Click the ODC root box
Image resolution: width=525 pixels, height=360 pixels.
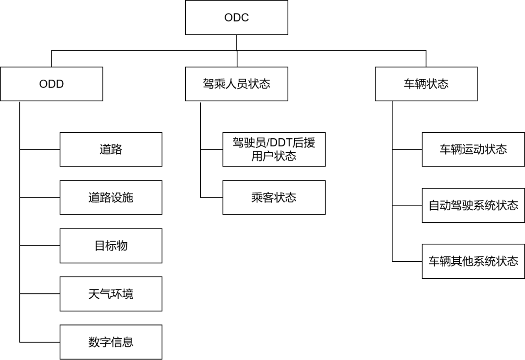click(x=237, y=18)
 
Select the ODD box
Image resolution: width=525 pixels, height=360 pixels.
click(x=52, y=84)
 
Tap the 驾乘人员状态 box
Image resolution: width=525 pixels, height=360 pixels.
click(x=237, y=84)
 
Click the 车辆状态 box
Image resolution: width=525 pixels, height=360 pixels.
click(x=426, y=84)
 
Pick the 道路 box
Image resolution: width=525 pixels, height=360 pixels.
click(x=111, y=149)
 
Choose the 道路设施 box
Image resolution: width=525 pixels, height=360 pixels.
click(x=111, y=198)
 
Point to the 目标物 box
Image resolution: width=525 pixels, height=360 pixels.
click(x=111, y=246)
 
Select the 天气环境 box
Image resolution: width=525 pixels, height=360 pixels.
click(x=111, y=294)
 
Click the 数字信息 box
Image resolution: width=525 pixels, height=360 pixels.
click(x=111, y=342)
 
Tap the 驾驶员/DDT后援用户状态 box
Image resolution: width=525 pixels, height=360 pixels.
click(x=274, y=149)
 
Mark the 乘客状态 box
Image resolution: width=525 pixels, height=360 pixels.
click(x=274, y=198)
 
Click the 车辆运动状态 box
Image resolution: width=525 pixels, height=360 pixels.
click(x=473, y=149)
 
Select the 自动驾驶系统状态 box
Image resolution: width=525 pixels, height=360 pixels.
click(x=473, y=205)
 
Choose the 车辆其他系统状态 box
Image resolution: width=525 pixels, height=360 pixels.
click(x=473, y=261)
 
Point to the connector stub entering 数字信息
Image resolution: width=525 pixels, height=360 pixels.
click(x=40, y=342)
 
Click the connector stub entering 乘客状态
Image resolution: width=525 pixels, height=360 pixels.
click(x=211, y=198)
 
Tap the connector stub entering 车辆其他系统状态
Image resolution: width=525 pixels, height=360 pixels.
click(x=407, y=261)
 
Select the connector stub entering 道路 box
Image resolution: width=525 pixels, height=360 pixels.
click(x=40, y=149)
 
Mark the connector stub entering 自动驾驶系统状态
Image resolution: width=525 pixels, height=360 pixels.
click(x=407, y=205)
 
